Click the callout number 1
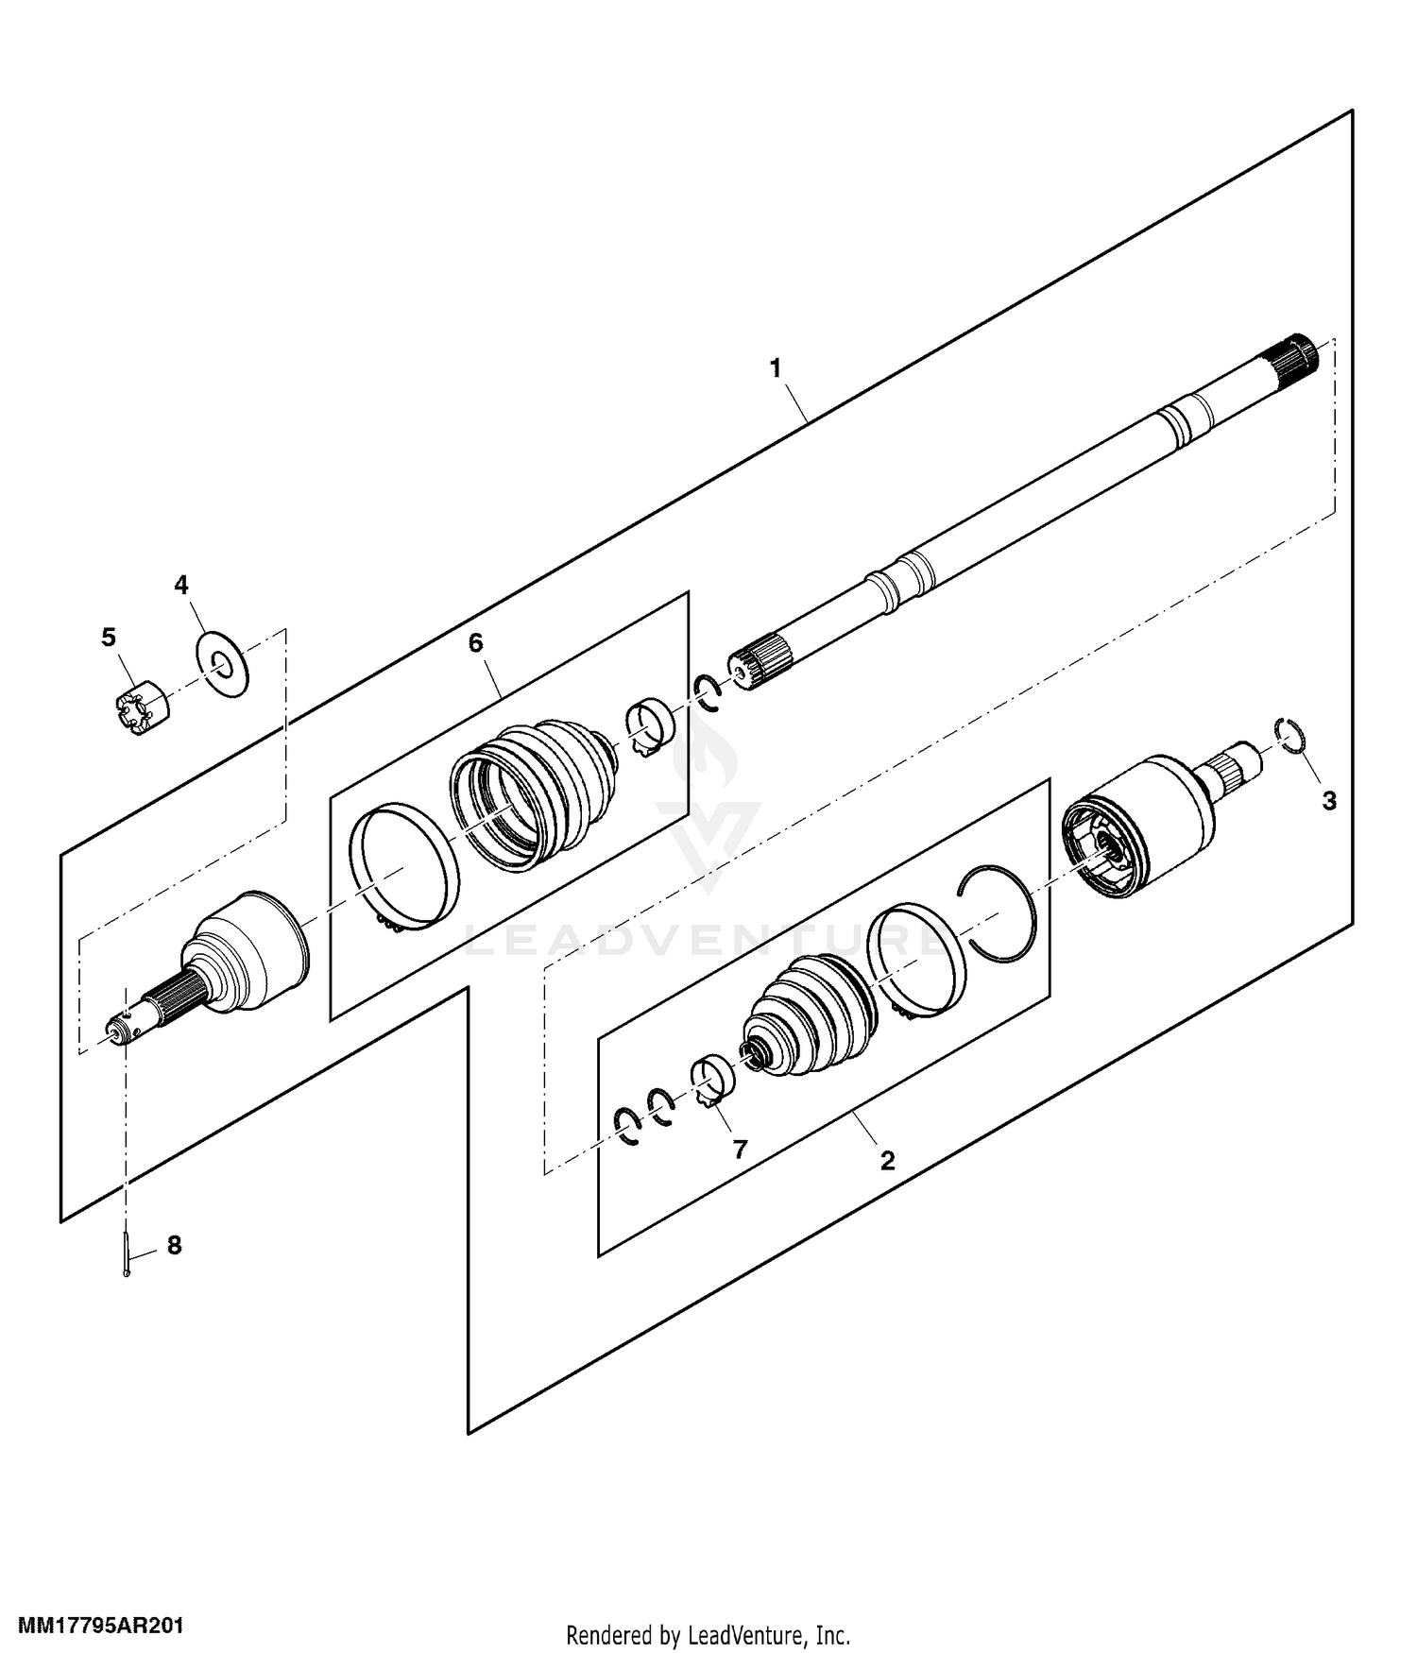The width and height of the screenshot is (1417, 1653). [x=776, y=368]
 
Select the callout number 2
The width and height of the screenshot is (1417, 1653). [x=887, y=1160]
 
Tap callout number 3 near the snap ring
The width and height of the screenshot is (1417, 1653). [x=1329, y=801]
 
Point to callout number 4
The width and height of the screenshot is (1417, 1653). [x=181, y=585]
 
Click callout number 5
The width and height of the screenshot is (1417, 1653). [x=109, y=638]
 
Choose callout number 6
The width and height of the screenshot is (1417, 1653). [x=475, y=643]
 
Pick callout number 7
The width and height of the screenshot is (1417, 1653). [x=740, y=1149]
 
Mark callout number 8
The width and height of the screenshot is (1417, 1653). [x=174, y=1245]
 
